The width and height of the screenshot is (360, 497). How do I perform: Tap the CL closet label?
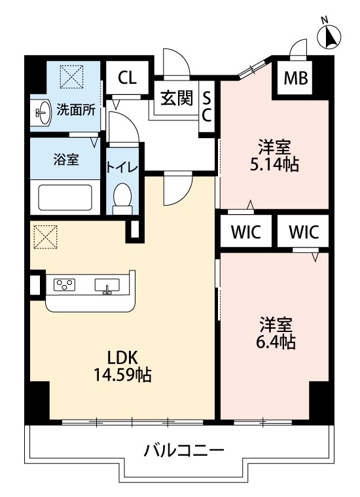(127, 77)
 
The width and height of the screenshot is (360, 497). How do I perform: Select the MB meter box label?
(295, 78)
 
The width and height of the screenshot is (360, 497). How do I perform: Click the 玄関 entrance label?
(177, 98)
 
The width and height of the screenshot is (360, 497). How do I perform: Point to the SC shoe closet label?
(207, 108)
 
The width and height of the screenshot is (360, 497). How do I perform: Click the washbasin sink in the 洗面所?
(43, 113)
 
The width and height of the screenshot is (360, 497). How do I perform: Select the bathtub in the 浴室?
(65, 198)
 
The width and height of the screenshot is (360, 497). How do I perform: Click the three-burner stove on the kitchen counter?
(64, 285)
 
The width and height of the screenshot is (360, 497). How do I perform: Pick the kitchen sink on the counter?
(107, 285)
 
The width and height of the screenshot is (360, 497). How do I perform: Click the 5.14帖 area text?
(274, 165)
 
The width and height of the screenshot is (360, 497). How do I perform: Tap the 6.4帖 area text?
(276, 342)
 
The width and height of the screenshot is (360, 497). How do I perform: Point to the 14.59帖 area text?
(122, 375)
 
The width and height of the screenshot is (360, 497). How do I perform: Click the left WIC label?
(246, 232)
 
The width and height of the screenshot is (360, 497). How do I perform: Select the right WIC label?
(304, 232)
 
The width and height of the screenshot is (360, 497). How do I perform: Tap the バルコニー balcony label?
(184, 450)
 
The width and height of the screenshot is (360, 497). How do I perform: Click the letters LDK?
(122, 358)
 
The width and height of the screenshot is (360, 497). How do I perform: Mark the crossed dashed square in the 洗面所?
(71, 77)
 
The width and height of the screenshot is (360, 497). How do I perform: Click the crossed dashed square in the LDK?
(46, 237)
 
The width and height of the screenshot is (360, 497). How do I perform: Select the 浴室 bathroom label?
(66, 159)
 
